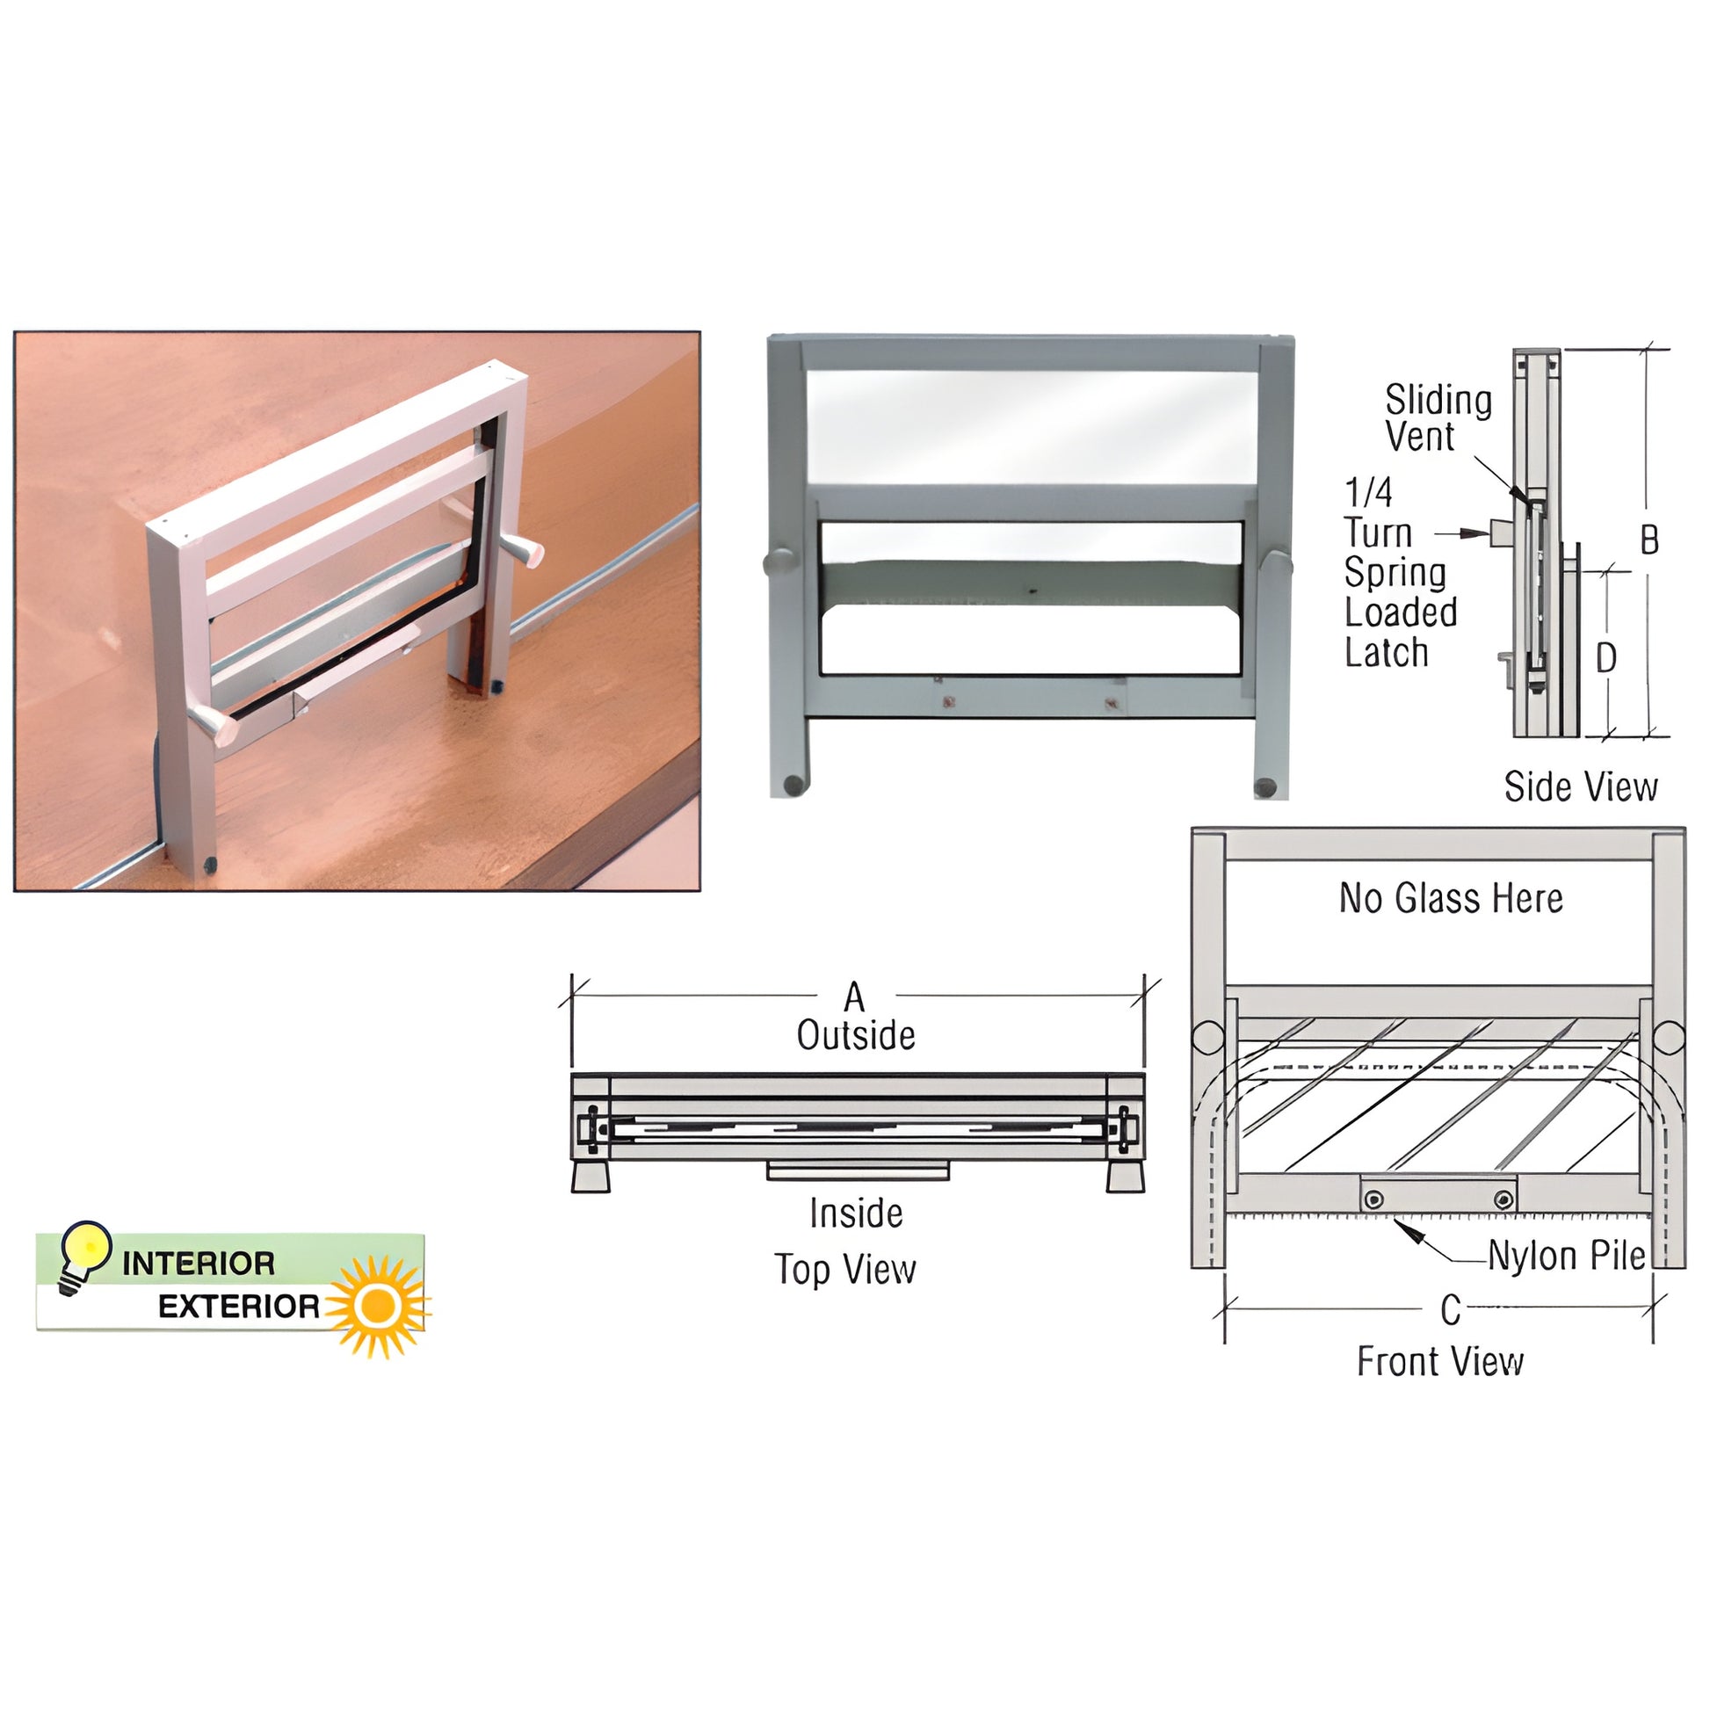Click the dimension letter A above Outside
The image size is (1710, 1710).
pyautogui.click(x=853, y=996)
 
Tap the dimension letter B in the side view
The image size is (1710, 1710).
pyautogui.click(x=1648, y=540)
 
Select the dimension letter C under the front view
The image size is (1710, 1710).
pyautogui.click(x=1451, y=1311)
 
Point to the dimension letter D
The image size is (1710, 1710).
pyautogui.click(x=1605, y=657)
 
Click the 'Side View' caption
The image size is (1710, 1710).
pyautogui.click(x=1581, y=786)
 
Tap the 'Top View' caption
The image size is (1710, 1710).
pyautogui.click(x=845, y=1269)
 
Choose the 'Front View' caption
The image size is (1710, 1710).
pyautogui.click(x=1440, y=1361)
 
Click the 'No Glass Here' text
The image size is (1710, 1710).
pyautogui.click(x=1451, y=898)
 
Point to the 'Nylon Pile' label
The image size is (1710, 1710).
pyautogui.click(x=1567, y=1256)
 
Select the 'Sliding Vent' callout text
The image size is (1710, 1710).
pyautogui.click(x=1438, y=417)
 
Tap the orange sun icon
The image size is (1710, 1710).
pyautogui.click(x=380, y=1306)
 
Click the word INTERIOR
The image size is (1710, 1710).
pyautogui.click(x=199, y=1264)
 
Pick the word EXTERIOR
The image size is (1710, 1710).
pyautogui.click(x=238, y=1307)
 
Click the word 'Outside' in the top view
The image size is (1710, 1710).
pyautogui.click(x=856, y=1035)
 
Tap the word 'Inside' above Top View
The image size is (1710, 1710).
pyautogui.click(x=856, y=1214)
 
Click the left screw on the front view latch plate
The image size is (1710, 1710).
pyautogui.click(x=1373, y=1199)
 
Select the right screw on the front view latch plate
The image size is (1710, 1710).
pyautogui.click(x=1503, y=1199)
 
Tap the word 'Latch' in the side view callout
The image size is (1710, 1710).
pyautogui.click(x=1387, y=652)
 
